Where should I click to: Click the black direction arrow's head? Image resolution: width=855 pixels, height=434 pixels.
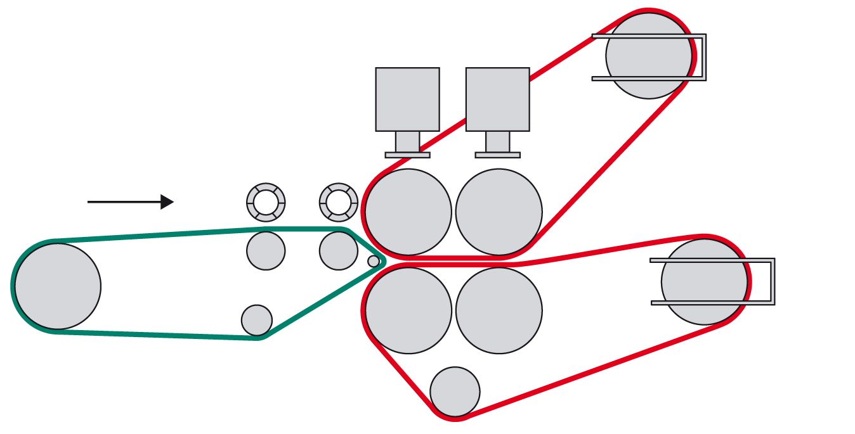[167, 202]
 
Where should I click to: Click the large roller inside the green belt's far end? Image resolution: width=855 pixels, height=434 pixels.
[58, 286]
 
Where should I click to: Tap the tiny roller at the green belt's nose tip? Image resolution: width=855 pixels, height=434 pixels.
[374, 261]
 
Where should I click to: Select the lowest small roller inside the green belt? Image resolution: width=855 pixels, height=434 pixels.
[257, 320]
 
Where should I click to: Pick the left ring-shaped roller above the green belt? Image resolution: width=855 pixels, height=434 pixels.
[266, 203]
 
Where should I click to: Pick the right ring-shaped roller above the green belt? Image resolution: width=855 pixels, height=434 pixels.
[339, 203]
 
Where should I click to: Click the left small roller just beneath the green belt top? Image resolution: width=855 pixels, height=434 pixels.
[266, 251]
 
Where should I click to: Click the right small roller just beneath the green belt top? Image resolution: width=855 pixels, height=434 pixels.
[339, 251]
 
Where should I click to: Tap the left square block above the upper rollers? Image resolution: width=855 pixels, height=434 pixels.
[407, 99]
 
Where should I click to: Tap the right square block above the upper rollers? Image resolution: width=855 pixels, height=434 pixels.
[498, 99]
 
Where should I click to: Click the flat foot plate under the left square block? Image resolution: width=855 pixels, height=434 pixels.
[407, 155]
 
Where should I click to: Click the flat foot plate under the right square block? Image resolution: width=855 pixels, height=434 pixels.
[498, 155]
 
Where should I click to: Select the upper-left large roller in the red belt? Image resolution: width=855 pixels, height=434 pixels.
[408, 212]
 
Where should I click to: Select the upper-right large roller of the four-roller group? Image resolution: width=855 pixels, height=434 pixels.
[499, 212]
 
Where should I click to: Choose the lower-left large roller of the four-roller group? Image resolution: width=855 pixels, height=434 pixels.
[408, 310]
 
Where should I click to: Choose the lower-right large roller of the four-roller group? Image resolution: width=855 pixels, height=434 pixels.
[499, 310]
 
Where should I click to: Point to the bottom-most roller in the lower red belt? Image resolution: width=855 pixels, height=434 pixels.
[455, 392]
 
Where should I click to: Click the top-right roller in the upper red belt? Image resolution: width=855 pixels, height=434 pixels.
[649, 56]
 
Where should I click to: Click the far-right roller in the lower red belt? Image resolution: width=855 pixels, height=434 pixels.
[704, 281]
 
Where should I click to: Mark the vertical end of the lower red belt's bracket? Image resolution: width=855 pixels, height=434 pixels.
[773, 281]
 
